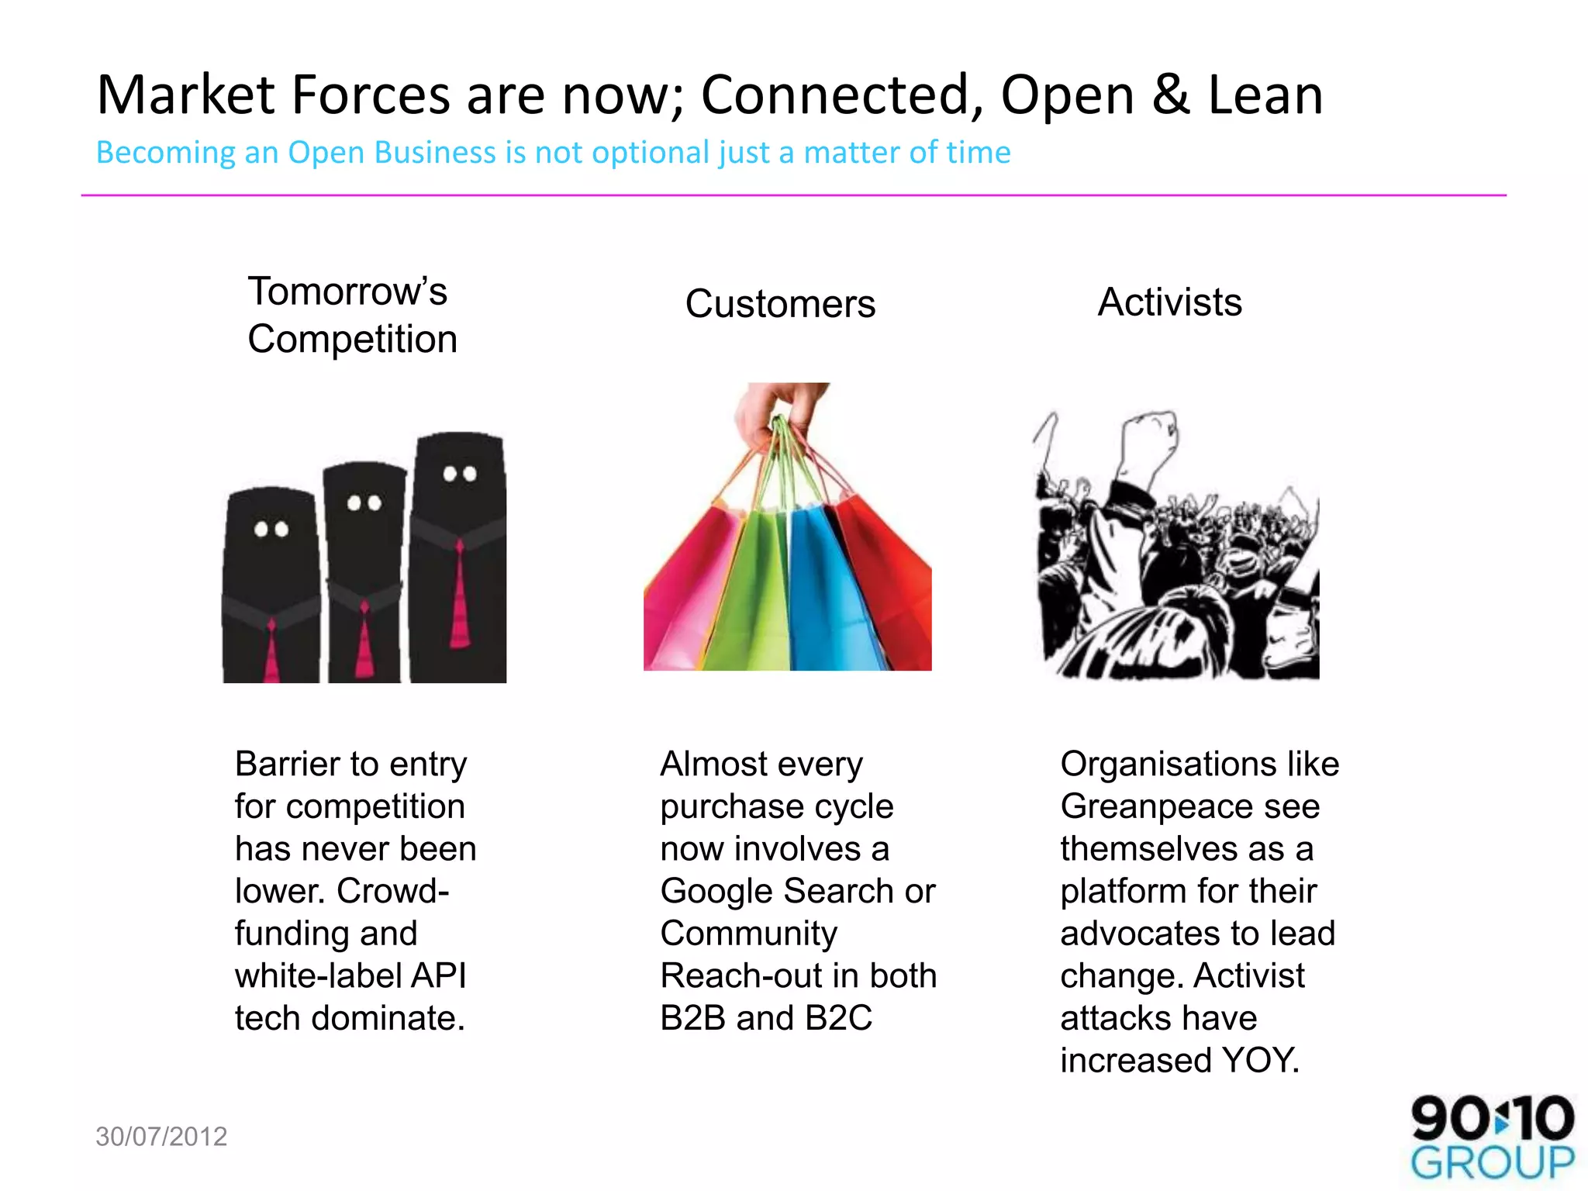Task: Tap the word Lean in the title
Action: pyautogui.click(x=1265, y=95)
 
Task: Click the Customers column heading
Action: pyautogui.click(x=780, y=303)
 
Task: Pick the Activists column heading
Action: pyautogui.click(x=1169, y=302)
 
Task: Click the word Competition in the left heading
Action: pyautogui.click(x=352, y=339)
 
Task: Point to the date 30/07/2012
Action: pyautogui.click(x=161, y=1136)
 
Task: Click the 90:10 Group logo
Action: pyautogui.click(x=1492, y=1137)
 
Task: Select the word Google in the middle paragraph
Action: pyautogui.click(x=716, y=892)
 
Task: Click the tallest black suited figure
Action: pyautogui.click(x=458, y=558)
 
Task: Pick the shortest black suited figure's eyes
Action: pyautogui.click(x=271, y=530)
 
